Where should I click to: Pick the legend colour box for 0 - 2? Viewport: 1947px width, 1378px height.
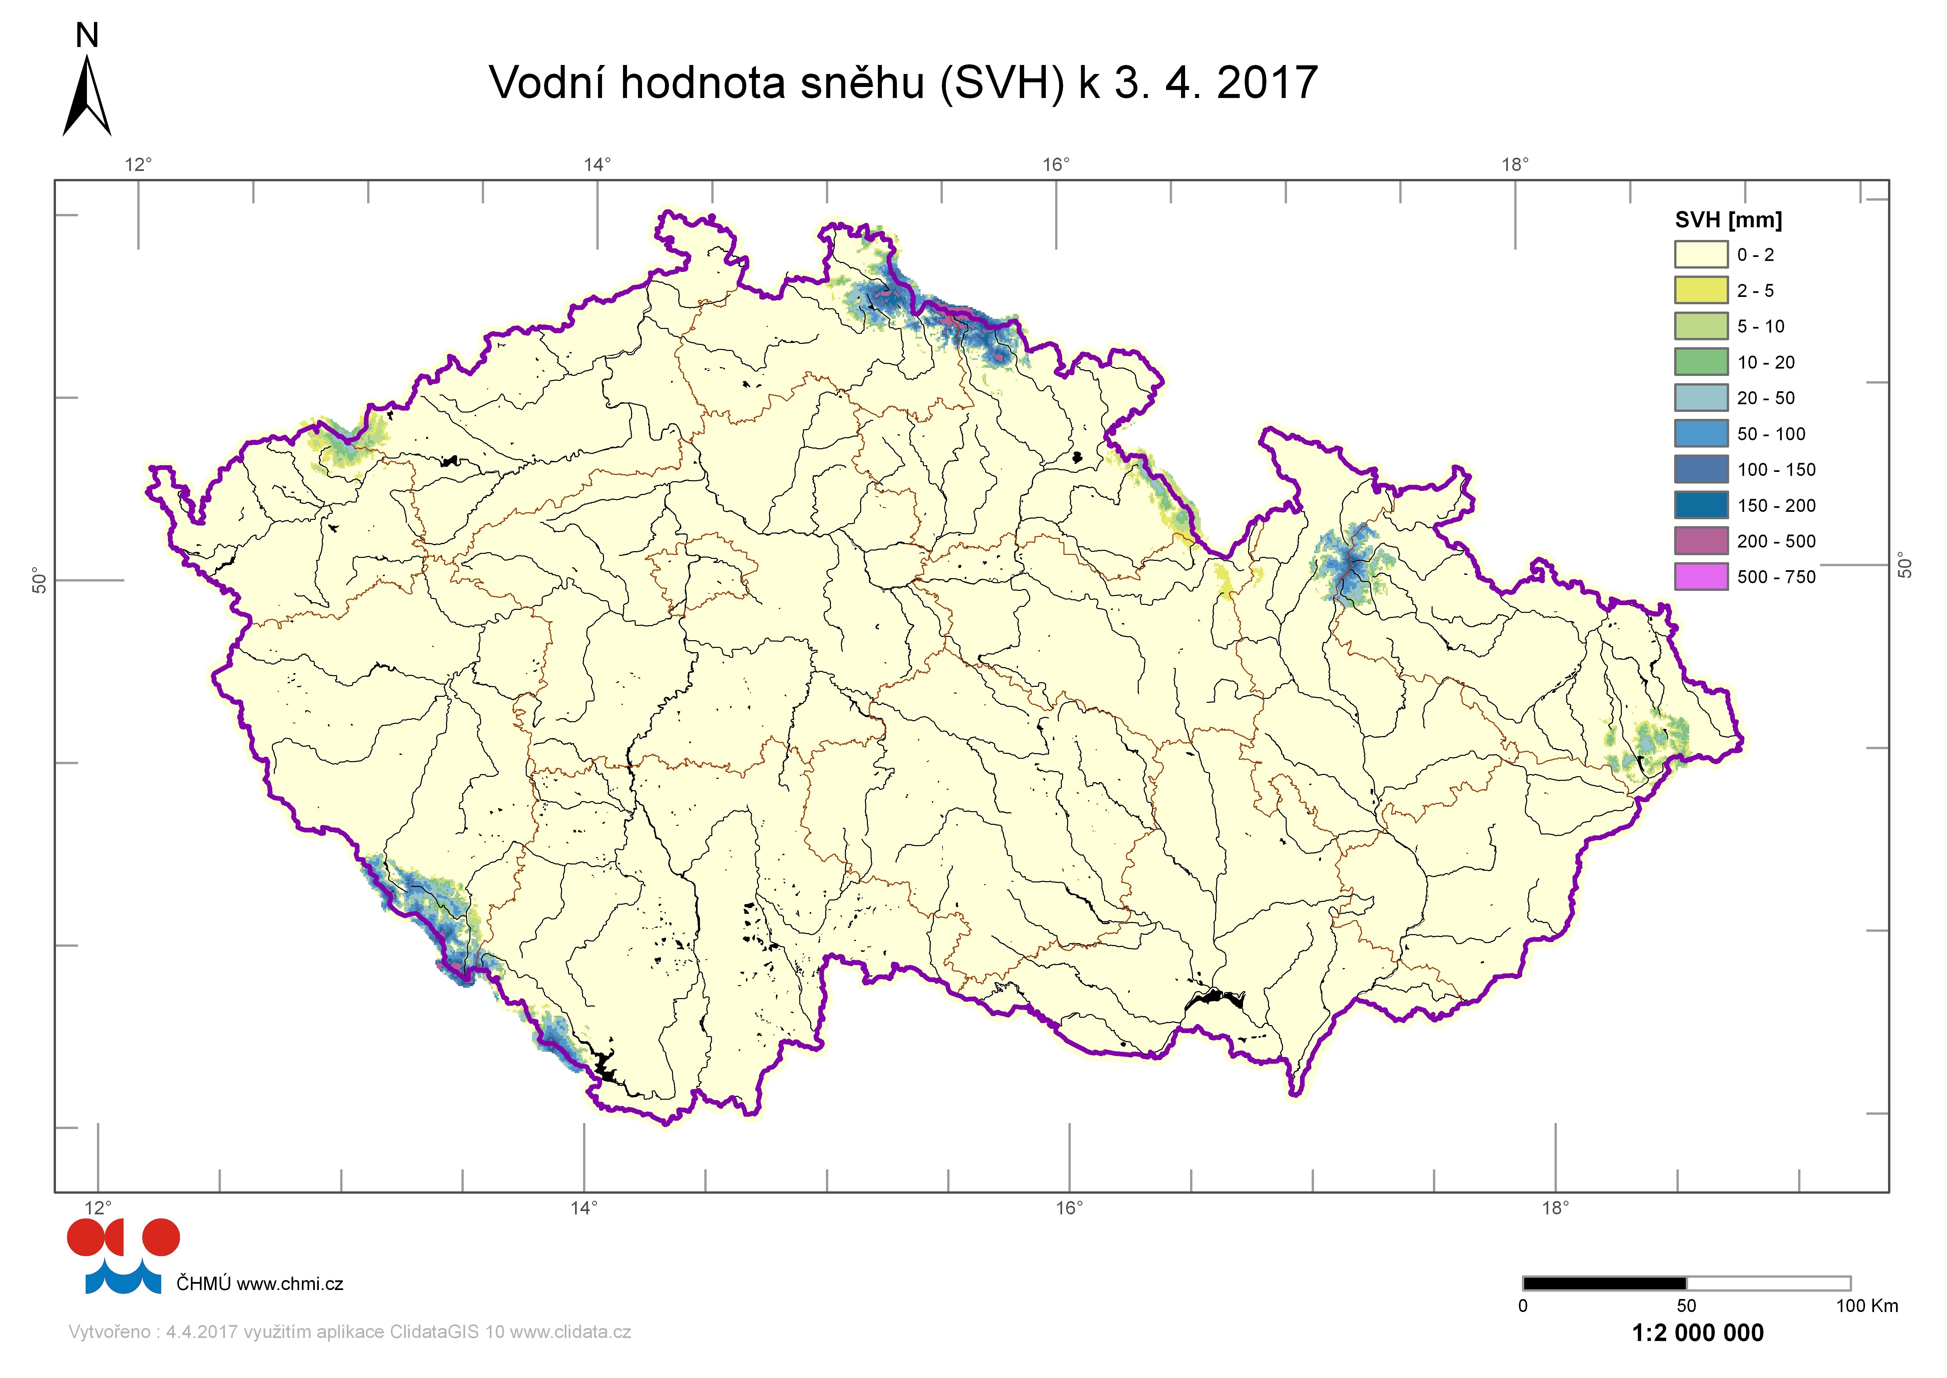coord(1700,255)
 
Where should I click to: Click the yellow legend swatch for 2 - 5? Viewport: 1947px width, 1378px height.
coord(1700,290)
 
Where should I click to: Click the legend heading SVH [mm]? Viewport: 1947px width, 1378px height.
coord(1728,220)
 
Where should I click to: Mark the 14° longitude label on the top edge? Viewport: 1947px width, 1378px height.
coord(597,165)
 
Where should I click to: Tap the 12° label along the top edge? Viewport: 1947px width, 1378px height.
coord(138,165)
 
